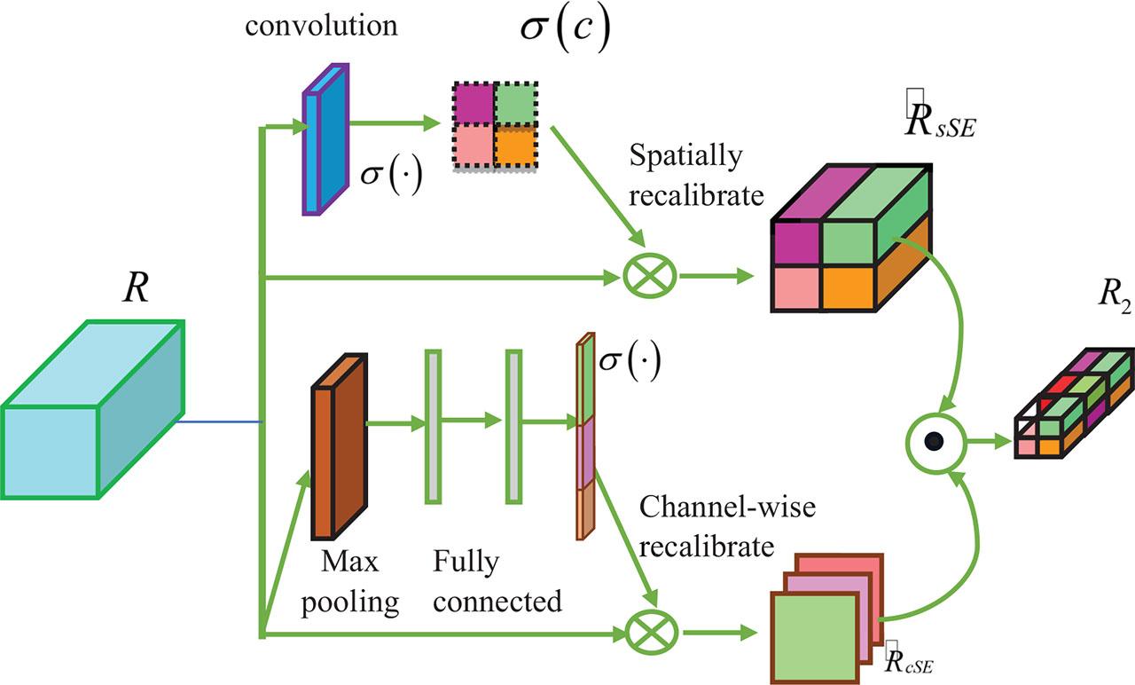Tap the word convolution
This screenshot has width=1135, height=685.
[322, 24]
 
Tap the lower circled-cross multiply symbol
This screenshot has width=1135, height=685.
[646, 634]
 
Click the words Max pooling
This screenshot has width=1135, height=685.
[349, 582]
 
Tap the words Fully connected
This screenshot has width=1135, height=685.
[497, 582]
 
